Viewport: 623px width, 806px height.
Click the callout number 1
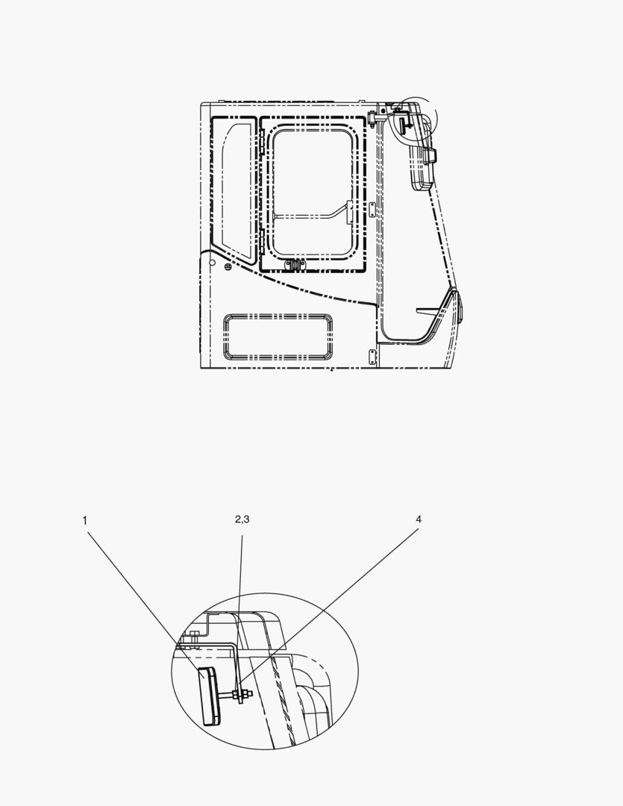(x=85, y=521)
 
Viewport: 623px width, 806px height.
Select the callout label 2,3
(x=242, y=519)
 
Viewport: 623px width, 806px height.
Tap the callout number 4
(x=419, y=519)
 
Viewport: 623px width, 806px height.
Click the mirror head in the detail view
(x=210, y=696)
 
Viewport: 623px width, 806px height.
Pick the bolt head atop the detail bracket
(x=193, y=636)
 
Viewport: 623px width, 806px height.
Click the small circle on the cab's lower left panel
(x=213, y=263)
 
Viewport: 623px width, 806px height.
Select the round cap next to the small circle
(x=228, y=266)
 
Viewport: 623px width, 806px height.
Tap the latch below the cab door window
(x=295, y=264)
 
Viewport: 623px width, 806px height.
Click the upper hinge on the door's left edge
(x=260, y=140)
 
